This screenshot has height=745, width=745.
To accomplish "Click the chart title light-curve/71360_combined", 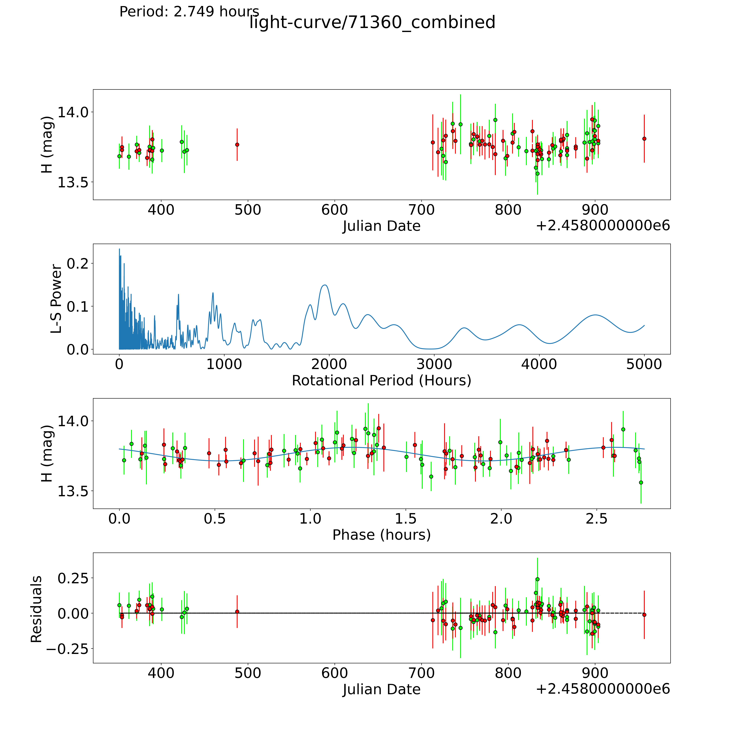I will point(372,22).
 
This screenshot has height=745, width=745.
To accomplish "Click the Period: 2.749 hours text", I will point(189,12).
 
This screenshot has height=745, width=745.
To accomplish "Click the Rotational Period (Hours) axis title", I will point(381,381).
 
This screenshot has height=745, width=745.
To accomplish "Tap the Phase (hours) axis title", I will point(381,535).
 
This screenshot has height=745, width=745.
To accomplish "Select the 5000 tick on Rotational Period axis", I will point(644,364).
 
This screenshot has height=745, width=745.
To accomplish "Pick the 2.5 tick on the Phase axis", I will point(597,519).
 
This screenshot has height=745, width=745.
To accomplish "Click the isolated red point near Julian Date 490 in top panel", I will point(237,145).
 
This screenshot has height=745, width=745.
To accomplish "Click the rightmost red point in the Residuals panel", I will point(644,615).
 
